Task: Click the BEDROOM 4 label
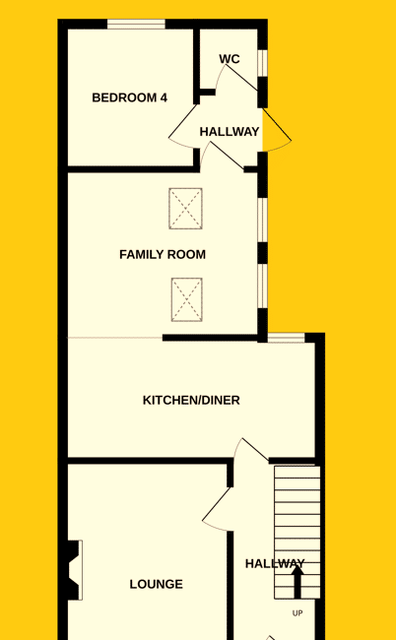click(x=129, y=97)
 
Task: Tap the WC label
click(x=230, y=59)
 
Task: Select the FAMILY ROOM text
click(x=163, y=255)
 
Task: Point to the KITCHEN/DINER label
click(x=191, y=401)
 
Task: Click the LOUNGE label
click(x=157, y=585)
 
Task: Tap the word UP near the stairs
click(x=297, y=613)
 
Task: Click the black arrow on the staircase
click(x=297, y=582)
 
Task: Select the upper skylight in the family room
click(x=186, y=209)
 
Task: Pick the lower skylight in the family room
click(x=186, y=299)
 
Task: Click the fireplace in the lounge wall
click(x=75, y=570)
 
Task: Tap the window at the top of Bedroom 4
click(x=136, y=24)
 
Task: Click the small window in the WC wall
click(x=262, y=63)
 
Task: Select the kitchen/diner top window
click(x=287, y=338)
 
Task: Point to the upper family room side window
click(x=262, y=221)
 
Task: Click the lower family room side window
click(x=262, y=286)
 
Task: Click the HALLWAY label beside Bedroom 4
click(x=230, y=132)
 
